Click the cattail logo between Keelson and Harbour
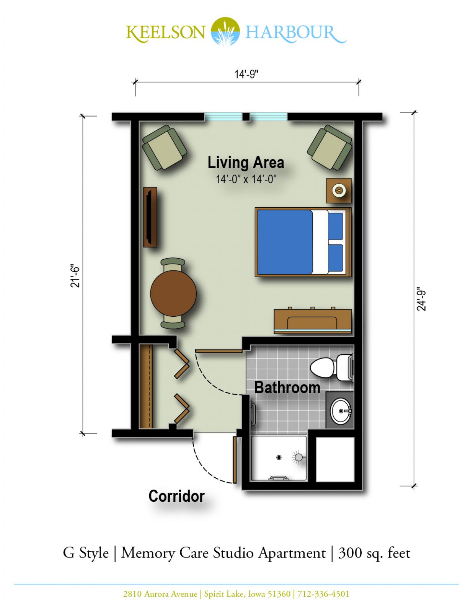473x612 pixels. pyautogui.click(x=225, y=31)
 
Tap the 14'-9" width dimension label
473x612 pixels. pyautogui.click(x=246, y=74)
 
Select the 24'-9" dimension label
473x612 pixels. pyautogui.click(x=421, y=299)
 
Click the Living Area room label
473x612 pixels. pyautogui.click(x=246, y=163)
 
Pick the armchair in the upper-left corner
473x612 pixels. pyautogui.click(x=164, y=147)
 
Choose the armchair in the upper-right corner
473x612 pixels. pyautogui.click(x=329, y=147)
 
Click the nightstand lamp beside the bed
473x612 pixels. pyautogui.click(x=338, y=190)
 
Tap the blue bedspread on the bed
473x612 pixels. pyautogui.click(x=285, y=242)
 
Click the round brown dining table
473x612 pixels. pyautogui.click(x=173, y=293)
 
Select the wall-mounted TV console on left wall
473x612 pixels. pyautogui.click(x=150, y=217)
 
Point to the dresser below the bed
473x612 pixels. pyautogui.click(x=313, y=321)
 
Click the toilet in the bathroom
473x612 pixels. pyautogui.click(x=331, y=368)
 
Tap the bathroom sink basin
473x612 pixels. pyautogui.click(x=341, y=411)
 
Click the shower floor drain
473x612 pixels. pyautogui.click(x=279, y=457)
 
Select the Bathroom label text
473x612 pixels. pyautogui.click(x=287, y=388)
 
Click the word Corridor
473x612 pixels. pyautogui.click(x=176, y=496)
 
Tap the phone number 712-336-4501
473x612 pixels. pyautogui.click(x=323, y=594)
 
